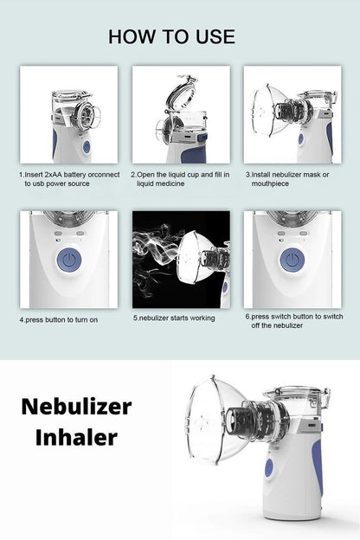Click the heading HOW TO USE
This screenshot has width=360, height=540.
click(x=171, y=35)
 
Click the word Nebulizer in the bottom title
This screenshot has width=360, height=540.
click(x=76, y=406)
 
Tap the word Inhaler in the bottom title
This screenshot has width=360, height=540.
click(x=76, y=438)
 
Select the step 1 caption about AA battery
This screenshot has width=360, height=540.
click(x=67, y=178)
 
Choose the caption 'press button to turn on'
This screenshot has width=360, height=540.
click(x=59, y=319)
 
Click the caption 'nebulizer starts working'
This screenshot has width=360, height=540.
click(x=174, y=318)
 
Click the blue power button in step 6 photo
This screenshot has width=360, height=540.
click(x=292, y=260)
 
